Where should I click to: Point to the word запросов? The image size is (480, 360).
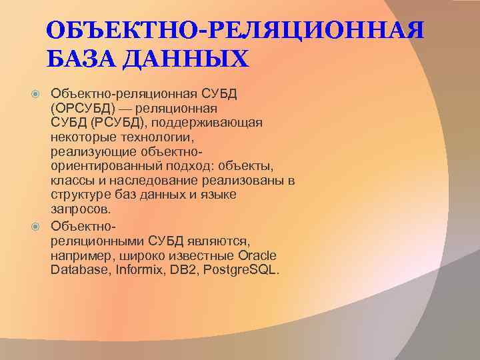pos(76,210)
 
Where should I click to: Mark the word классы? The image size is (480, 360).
pos(71,181)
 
